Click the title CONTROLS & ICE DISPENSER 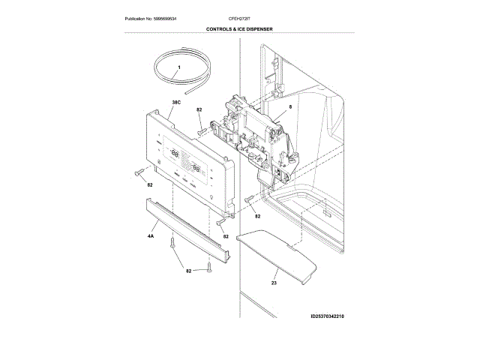tap(239, 29)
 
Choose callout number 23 tap(274, 283)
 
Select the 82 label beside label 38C tap(199, 110)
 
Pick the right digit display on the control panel tap(199, 166)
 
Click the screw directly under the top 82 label tap(201, 129)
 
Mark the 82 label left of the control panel tap(150, 184)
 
